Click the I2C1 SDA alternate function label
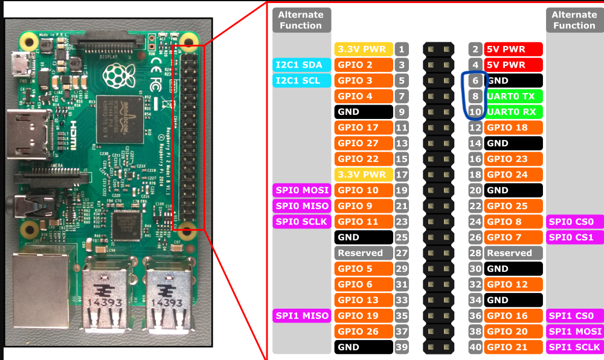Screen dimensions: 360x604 (299, 65)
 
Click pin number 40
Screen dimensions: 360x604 (476, 347)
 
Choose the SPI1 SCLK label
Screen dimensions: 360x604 (574, 347)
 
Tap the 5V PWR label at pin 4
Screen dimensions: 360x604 (513, 65)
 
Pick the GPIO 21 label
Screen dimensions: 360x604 (513, 347)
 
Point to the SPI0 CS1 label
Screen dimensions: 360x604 (574, 237)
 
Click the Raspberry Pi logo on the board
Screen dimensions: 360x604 (116, 74)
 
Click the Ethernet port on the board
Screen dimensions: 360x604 (42, 284)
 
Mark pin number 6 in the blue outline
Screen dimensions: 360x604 (476, 80)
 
